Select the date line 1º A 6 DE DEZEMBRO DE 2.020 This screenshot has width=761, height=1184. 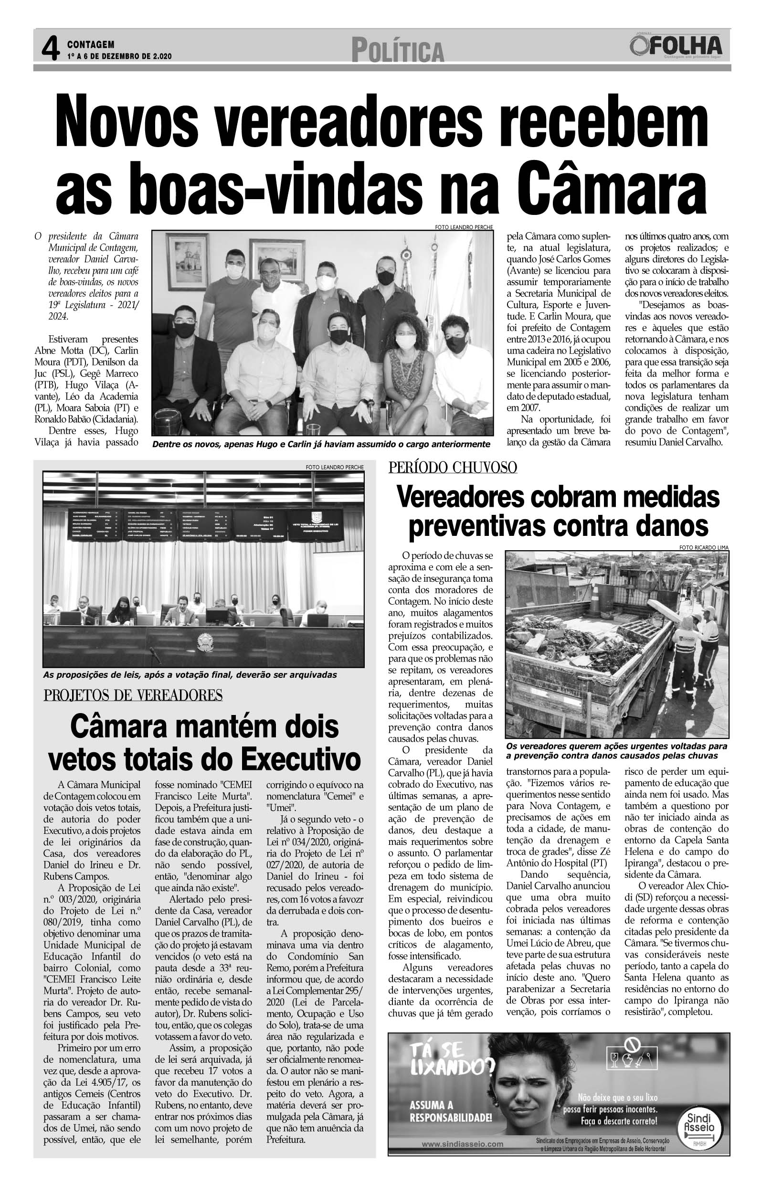[119, 57]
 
